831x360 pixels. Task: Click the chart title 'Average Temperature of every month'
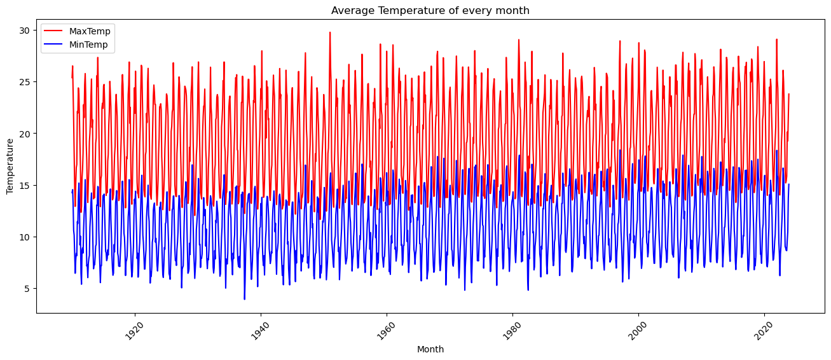(430, 10)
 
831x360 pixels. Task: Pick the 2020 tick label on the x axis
(762, 329)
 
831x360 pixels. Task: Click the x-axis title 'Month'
(430, 349)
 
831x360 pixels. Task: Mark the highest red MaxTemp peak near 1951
(329, 32)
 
